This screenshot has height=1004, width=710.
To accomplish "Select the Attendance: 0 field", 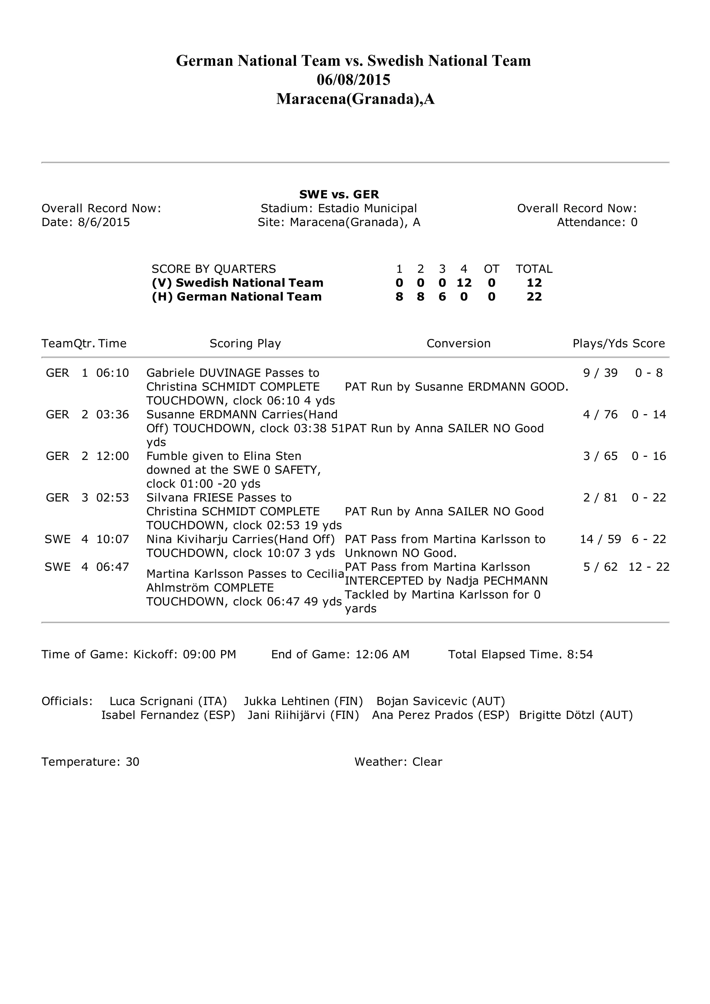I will (597, 222).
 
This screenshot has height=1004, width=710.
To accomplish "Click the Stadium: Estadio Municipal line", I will (339, 208).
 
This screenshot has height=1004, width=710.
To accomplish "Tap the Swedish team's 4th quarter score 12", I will (464, 282).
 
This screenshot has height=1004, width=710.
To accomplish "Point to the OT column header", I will (491, 269).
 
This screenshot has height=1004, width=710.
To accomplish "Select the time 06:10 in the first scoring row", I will (112, 373).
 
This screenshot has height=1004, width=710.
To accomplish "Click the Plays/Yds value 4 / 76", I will (600, 414).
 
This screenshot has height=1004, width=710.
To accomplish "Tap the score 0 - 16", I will (648, 456).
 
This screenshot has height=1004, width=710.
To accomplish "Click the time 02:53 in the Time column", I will (112, 497).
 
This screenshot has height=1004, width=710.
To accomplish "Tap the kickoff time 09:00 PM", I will (209, 654).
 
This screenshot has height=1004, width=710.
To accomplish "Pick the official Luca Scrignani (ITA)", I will (168, 701).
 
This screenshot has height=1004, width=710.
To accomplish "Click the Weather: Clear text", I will (398, 762).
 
